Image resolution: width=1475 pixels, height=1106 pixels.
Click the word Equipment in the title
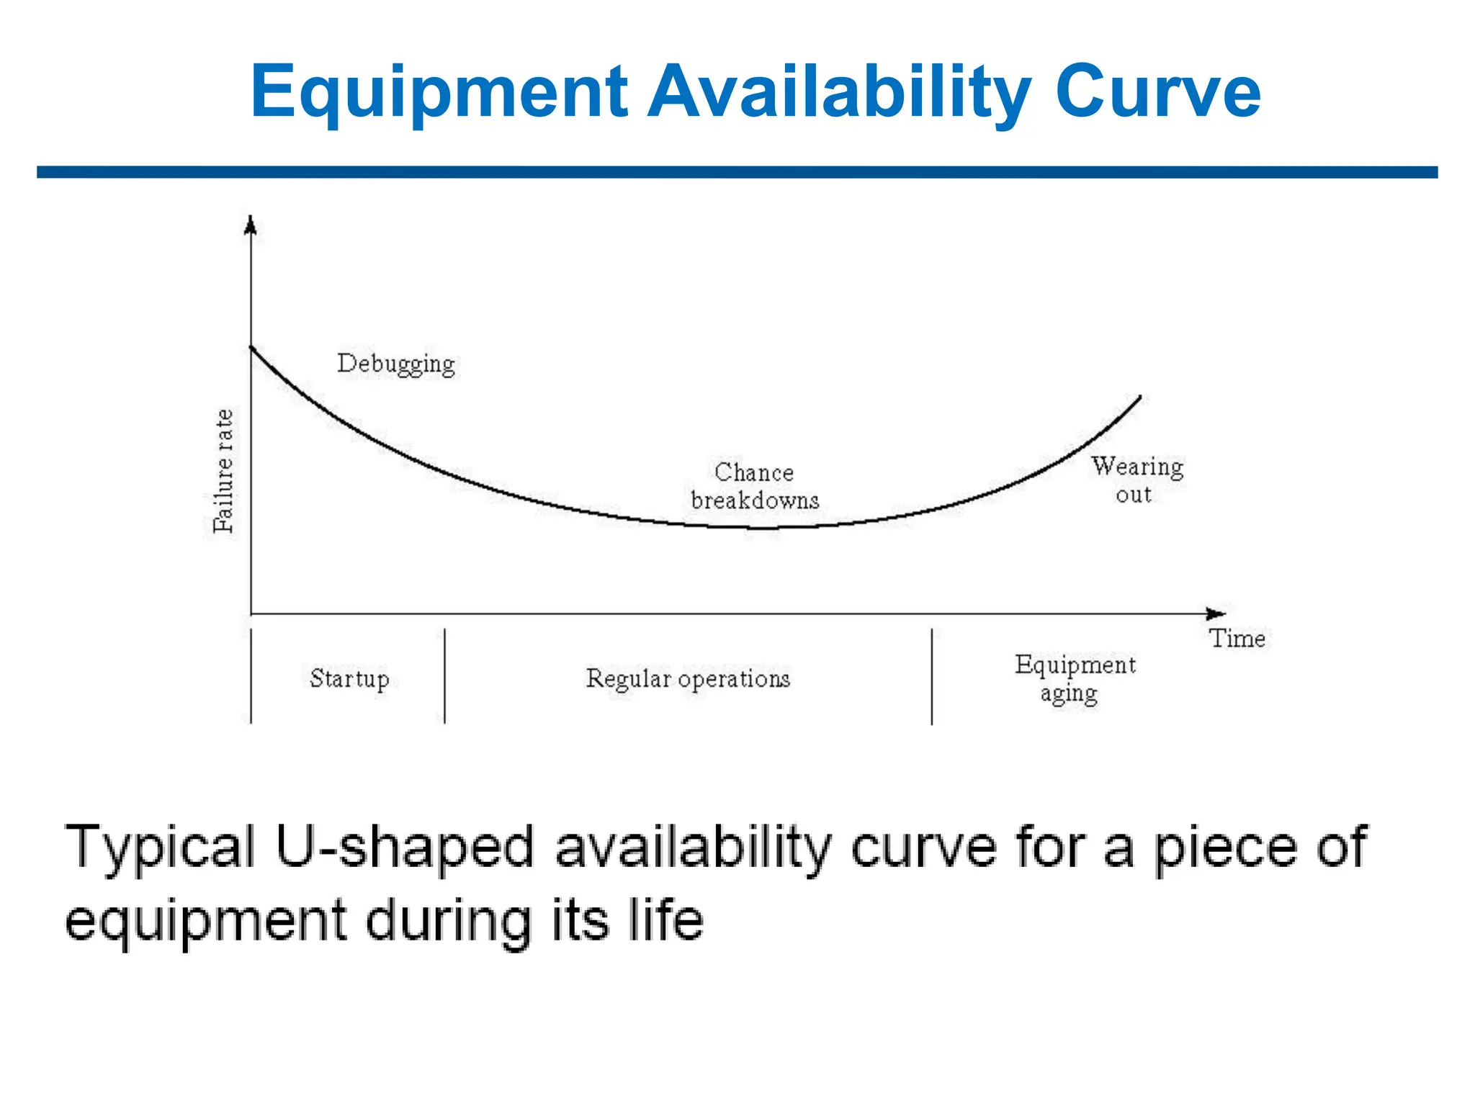tap(439, 92)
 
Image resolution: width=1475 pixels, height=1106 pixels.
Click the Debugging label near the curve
tap(396, 364)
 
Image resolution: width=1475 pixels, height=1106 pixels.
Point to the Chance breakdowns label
tap(755, 486)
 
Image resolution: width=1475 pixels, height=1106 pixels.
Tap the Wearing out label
tap(1136, 480)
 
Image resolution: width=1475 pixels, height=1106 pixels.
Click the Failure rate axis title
tap(224, 471)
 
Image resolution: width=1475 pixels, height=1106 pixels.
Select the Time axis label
tap(1237, 639)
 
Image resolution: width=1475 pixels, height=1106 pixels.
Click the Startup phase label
tap(349, 678)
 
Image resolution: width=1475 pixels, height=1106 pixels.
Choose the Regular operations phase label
tap(688, 678)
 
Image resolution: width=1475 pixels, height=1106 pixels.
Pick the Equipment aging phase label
tap(1075, 678)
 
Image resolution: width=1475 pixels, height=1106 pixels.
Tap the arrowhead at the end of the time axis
tap(1216, 613)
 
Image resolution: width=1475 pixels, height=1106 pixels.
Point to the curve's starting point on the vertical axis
tap(251, 348)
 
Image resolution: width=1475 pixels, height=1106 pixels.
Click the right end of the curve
tap(1139, 397)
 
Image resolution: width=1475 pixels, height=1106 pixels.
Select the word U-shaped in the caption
tap(404, 848)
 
